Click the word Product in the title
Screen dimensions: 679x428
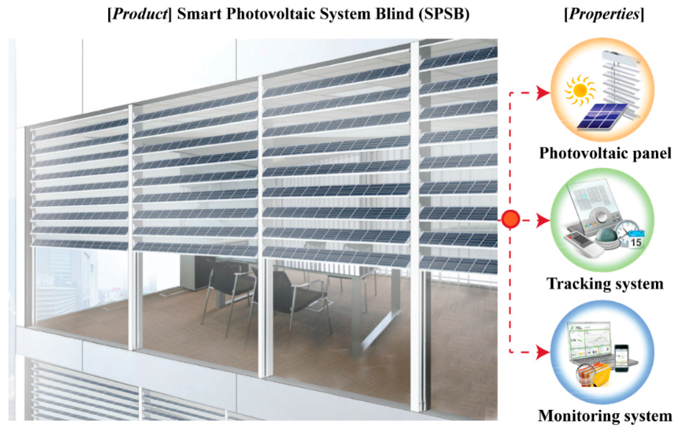click(x=140, y=14)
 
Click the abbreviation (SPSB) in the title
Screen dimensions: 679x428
click(x=444, y=14)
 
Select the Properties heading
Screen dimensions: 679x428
click(x=604, y=14)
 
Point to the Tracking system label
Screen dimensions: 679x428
click(x=605, y=284)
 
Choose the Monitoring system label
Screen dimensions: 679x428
click(x=605, y=416)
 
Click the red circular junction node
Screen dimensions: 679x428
click(x=511, y=219)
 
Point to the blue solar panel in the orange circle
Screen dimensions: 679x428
click(x=602, y=116)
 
